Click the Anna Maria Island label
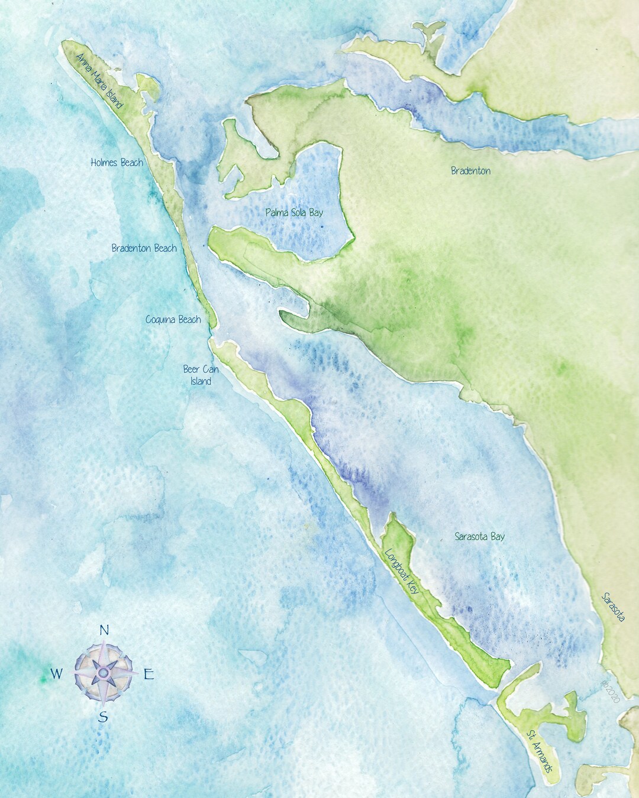click(99, 81)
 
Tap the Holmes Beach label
click(117, 162)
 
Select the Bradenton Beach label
click(144, 248)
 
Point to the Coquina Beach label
click(173, 320)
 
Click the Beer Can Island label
click(201, 375)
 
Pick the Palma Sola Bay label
click(294, 212)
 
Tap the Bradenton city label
click(470, 171)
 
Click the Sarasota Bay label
click(479, 537)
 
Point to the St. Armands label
click(540, 751)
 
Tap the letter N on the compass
click(104, 630)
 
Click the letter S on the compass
click(103, 717)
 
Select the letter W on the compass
click(56, 673)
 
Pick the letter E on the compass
click(149, 674)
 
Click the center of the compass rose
click(103, 673)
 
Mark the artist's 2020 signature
click(610, 691)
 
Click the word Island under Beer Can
click(201, 381)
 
